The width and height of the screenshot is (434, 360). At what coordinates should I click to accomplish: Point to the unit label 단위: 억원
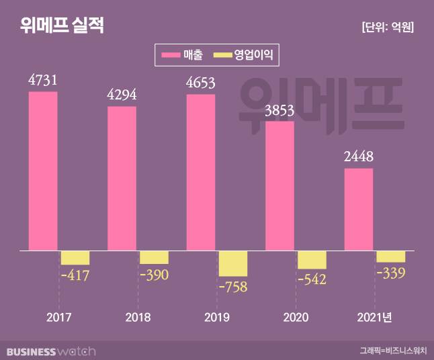point(387,27)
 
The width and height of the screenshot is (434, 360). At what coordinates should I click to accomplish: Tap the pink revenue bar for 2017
point(43,171)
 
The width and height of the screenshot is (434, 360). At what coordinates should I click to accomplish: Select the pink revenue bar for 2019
point(201,173)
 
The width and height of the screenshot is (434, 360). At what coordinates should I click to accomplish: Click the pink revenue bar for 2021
point(359,210)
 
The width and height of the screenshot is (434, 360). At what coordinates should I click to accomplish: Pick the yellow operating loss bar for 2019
point(233,263)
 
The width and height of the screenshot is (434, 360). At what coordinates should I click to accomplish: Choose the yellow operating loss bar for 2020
point(312,259)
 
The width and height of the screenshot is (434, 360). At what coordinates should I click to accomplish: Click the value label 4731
point(42,81)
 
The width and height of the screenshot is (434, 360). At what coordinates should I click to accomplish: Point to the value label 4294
point(122,95)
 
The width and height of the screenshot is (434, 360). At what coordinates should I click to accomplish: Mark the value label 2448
point(359,156)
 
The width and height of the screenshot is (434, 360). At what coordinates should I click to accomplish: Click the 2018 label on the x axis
point(138,317)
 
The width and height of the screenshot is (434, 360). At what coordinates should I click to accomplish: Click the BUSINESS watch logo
point(51,351)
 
